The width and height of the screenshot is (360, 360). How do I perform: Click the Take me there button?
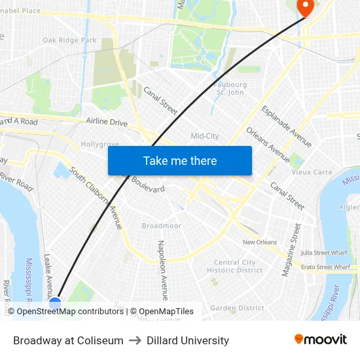(x=179, y=161)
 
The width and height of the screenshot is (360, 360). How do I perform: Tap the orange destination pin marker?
(x=305, y=6)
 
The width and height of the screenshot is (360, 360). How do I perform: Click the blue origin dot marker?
(x=55, y=302)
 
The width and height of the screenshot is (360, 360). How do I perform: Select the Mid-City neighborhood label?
(x=205, y=136)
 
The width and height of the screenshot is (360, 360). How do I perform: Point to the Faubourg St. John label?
(x=231, y=88)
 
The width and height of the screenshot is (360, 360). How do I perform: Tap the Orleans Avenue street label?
(x=268, y=145)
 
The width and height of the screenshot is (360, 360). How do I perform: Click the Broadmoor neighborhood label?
(x=161, y=226)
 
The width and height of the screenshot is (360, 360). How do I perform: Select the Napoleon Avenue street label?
(x=162, y=269)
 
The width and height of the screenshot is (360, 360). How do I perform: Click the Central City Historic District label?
(x=234, y=266)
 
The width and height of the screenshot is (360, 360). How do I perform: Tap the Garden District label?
(x=237, y=308)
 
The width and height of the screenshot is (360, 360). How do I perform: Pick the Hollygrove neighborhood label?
(x=99, y=144)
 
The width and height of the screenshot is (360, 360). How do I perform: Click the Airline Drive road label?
(x=107, y=122)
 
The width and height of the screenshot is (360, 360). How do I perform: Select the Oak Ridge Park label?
(x=69, y=41)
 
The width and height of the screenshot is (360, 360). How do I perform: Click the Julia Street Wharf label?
(x=323, y=252)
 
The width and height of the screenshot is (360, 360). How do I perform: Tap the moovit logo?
(x=321, y=340)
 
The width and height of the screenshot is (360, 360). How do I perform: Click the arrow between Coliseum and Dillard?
(x=135, y=341)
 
